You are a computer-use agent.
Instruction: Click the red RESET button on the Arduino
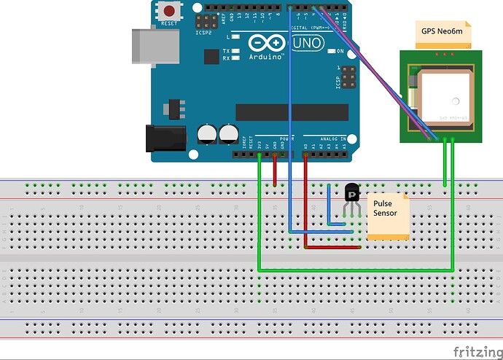(170, 12)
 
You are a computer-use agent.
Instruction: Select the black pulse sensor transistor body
(351, 192)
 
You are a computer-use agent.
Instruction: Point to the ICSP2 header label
(203, 32)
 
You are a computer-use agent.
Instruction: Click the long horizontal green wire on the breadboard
(357, 270)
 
